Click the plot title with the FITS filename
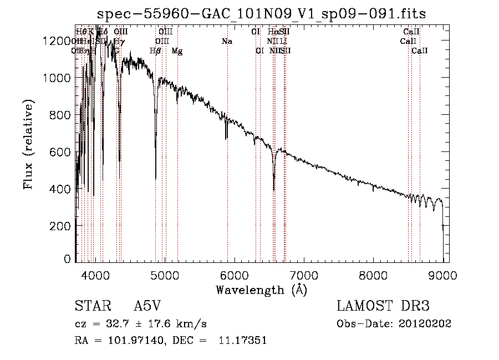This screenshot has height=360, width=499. [261, 14]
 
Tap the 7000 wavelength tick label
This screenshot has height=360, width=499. [304, 273]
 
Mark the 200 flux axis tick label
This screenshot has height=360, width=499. [63, 226]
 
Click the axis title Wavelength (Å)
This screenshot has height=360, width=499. [261, 289]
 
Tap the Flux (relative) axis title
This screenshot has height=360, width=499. [28, 144]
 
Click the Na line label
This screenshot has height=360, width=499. [226, 42]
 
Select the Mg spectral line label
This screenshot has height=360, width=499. [177, 51]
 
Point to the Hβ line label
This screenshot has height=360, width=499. [156, 51]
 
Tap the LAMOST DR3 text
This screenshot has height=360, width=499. [383, 307]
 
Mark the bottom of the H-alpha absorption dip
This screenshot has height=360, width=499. [274, 190]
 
